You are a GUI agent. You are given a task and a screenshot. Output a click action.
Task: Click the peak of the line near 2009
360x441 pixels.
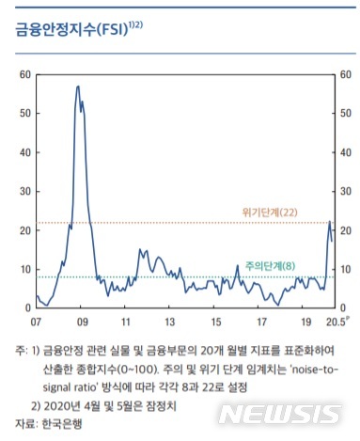click(x=79, y=87)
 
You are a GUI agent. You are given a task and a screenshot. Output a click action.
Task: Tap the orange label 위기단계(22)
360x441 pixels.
click(x=283, y=213)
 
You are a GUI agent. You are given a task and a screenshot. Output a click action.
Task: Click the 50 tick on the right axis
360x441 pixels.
click(x=345, y=113)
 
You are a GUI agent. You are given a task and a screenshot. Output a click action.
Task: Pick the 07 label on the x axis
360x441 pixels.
click(x=36, y=321)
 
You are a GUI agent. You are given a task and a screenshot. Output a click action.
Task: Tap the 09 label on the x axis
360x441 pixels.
click(x=83, y=321)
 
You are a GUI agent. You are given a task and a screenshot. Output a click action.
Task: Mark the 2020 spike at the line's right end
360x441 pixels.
click(x=329, y=223)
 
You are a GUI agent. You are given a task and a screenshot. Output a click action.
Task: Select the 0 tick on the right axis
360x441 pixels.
click(x=342, y=307)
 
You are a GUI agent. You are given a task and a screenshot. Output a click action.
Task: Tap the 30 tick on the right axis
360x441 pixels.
click(x=345, y=191)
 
